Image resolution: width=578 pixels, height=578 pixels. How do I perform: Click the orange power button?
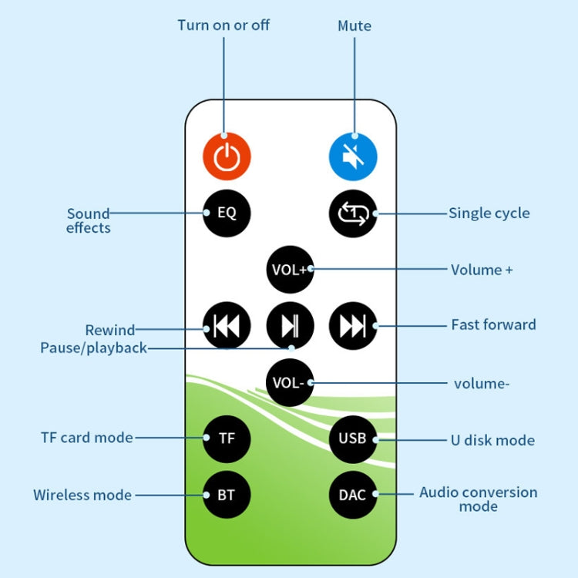coord(227,156)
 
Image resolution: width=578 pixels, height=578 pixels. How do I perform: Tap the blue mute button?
coord(353,156)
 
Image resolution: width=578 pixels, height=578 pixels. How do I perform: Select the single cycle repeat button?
coord(353,213)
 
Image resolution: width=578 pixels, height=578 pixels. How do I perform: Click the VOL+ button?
coord(290,269)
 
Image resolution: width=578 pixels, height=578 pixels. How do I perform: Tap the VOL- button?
coord(290,381)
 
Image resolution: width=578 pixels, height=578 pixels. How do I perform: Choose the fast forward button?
coord(353,326)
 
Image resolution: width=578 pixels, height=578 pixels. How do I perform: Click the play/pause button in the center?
coord(290,326)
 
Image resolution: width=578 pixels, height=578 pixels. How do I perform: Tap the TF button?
coord(227,438)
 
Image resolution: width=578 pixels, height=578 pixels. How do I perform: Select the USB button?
coord(353,438)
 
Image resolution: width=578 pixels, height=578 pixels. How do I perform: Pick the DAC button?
coord(353,494)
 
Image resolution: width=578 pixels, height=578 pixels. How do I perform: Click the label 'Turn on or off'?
coord(223,25)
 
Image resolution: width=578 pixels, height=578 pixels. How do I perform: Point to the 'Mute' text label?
coord(355,25)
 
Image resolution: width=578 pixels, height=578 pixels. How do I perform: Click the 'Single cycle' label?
coord(489,213)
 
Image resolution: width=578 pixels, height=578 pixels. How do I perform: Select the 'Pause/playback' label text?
coord(93,348)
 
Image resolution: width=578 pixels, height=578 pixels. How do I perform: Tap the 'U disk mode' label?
coord(492,440)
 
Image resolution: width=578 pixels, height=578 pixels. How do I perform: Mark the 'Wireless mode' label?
coord(82,495)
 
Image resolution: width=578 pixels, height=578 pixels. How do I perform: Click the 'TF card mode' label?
coord(87,438)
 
